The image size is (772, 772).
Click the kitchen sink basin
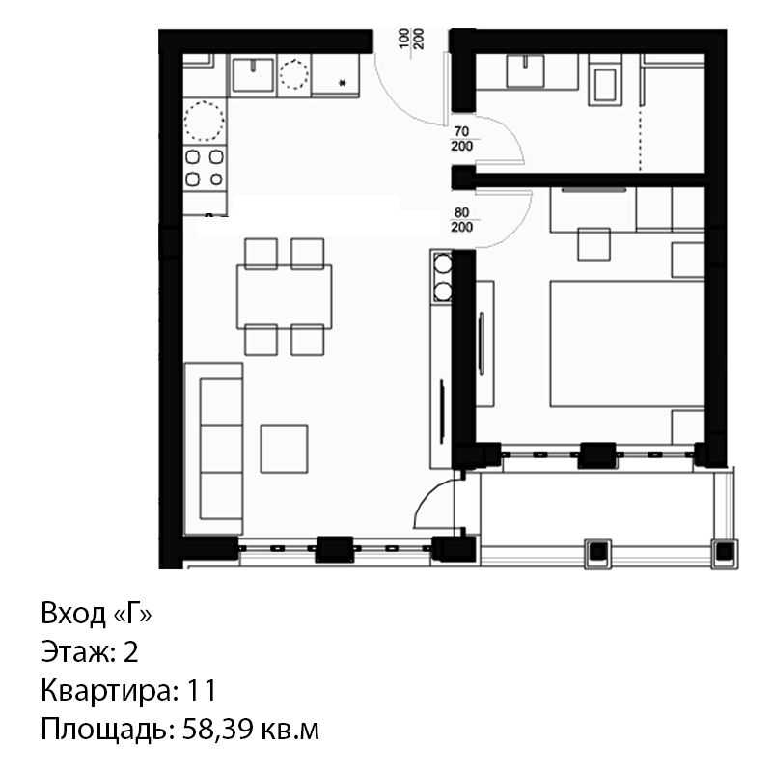(x=253, y=74)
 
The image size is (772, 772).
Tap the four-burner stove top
(x=205, y=167)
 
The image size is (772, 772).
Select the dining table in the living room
(x=284, y=296)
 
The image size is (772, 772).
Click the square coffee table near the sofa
(x=284, y=449)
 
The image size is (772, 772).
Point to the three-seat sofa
(x=213, y=449)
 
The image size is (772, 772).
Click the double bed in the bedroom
(x=626, y=344)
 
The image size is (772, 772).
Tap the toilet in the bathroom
(x=605, y=85)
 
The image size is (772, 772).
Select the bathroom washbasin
(x=525, y=70)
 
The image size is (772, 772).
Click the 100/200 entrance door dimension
(x=411, y=40)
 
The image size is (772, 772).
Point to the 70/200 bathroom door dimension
(x=462, y=139)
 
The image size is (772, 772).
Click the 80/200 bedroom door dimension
(x=462, y=220)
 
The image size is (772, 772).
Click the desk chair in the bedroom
(x=593, y=244)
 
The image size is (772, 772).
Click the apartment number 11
(x=201, y=690)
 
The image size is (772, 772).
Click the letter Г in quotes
(x=132, y=614)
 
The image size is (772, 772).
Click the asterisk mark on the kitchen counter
(x=343, y=83)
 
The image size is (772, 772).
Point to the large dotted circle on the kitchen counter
(x=205, y=122)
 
